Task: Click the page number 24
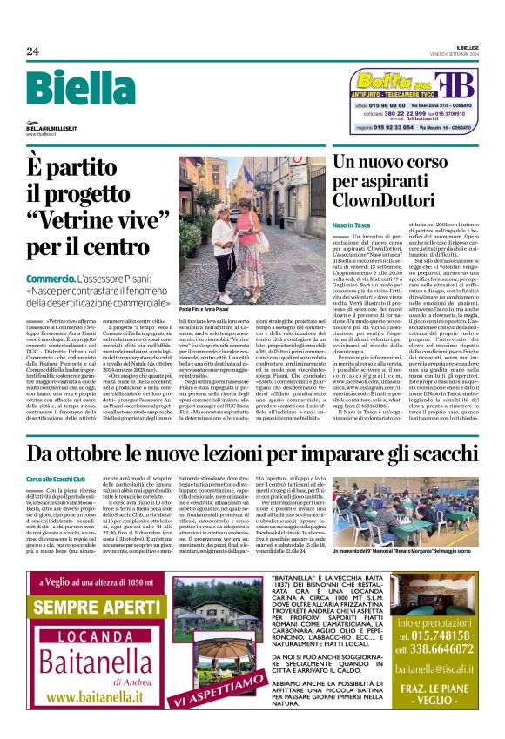click(x=33, y=51)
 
